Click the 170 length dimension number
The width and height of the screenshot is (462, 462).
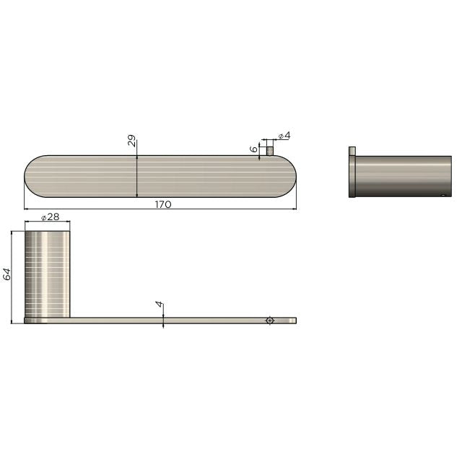coord(163,204)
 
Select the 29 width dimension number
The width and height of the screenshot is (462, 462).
coord(132,141)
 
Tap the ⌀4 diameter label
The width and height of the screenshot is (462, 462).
coord(284,136)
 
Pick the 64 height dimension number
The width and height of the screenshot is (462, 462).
coord(6,274)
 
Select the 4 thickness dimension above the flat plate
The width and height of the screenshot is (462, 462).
coord(159,305)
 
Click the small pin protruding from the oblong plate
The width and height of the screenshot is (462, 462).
coord(269,151)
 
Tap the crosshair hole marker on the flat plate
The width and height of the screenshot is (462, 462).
coord(269,320)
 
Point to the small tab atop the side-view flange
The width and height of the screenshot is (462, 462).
coord(352,150)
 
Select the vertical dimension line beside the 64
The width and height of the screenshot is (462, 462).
coord(13,277)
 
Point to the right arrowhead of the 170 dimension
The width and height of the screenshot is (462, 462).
coord(295,209)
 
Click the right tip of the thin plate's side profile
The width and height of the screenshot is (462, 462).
coord(295,320)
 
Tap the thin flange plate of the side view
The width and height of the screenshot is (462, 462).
coord(352,177)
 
